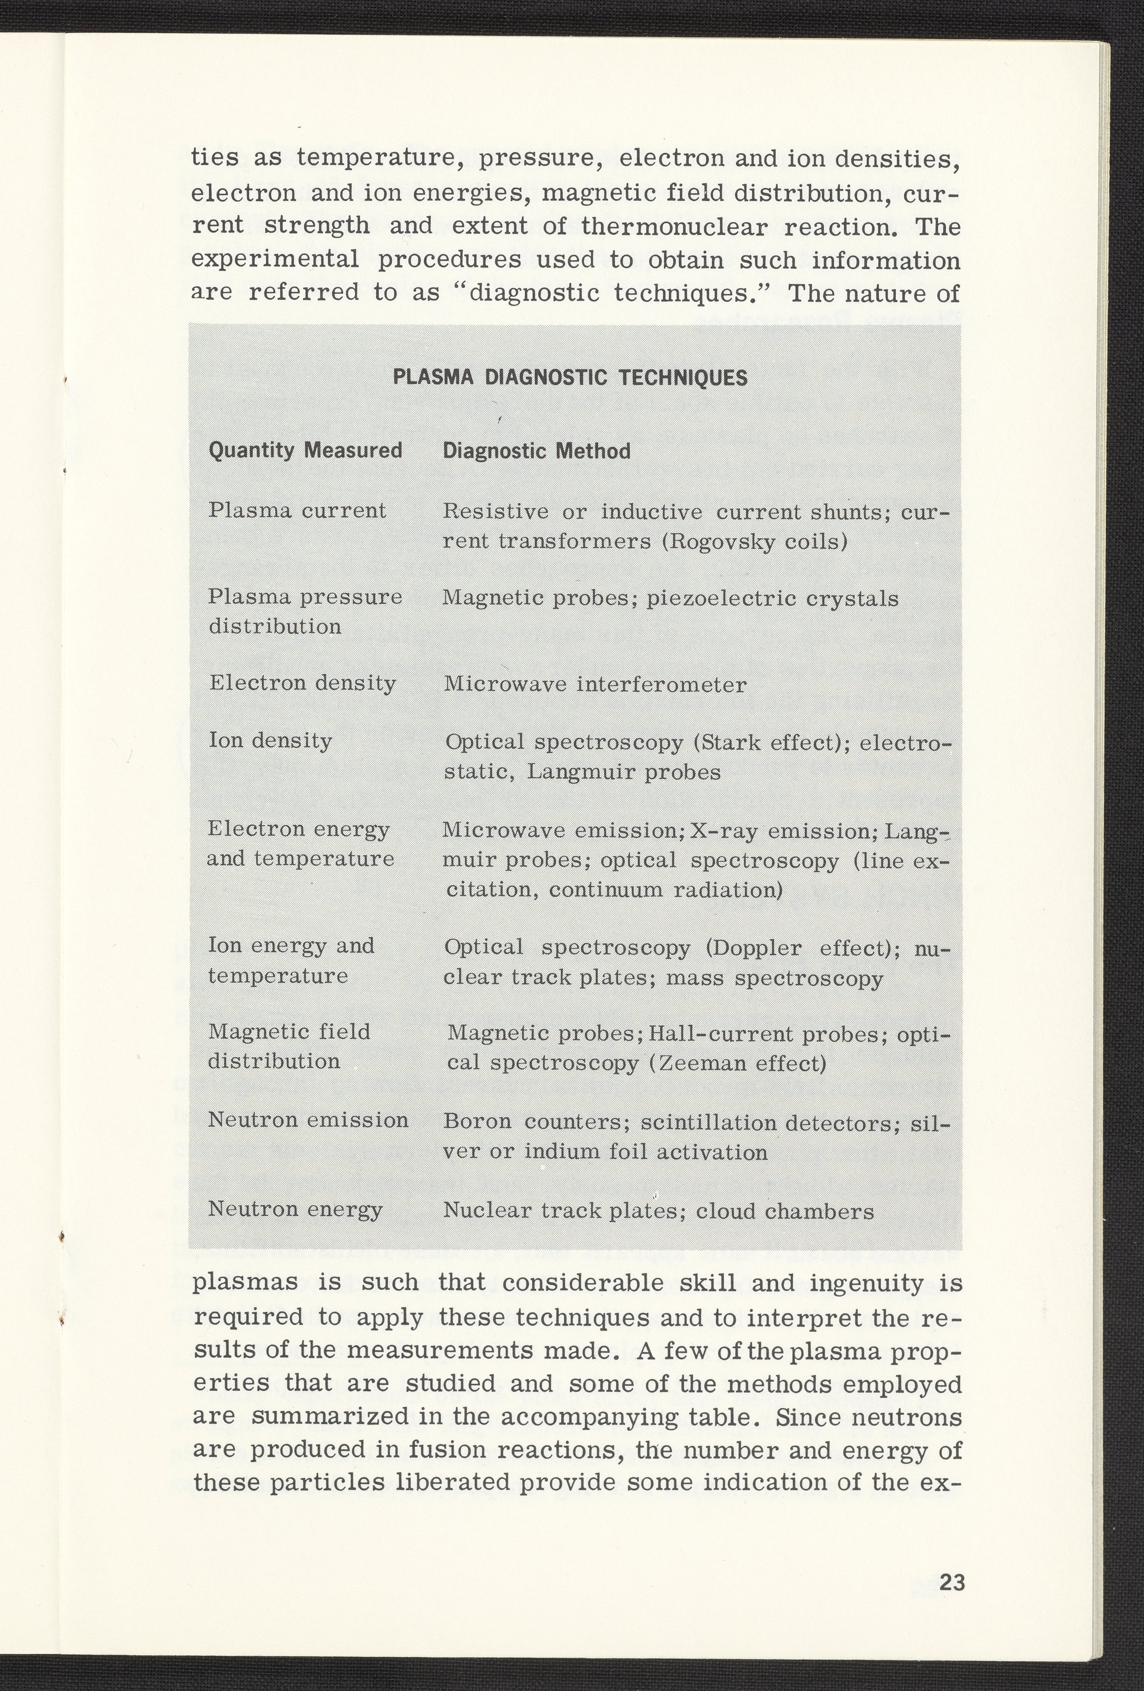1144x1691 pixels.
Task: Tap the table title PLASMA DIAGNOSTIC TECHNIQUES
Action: (570, 378)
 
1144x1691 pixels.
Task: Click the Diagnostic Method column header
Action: (536, 452)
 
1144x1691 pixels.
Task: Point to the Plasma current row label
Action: (297, 511)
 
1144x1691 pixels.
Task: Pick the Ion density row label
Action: (270, 741)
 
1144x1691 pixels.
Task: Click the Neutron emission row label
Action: (308, 1119)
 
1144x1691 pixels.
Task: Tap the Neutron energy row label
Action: (295, 1209)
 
